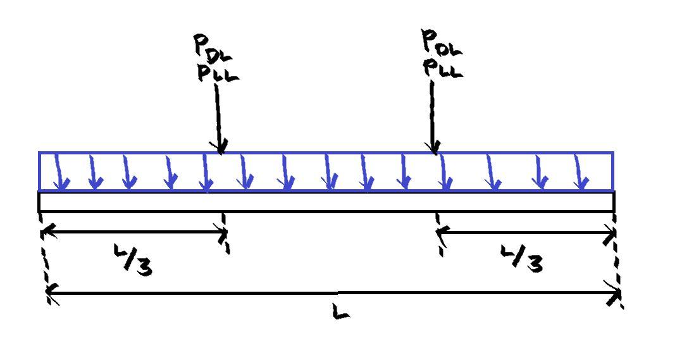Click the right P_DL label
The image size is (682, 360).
pyautogui.click(x=442, y=43)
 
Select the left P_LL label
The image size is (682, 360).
pyautogui.click(x=218, y=73)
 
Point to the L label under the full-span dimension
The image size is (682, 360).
pyautogui.click(x=340, y=311)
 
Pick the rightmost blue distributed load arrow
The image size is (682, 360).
pyautogui.click(x=580, y=174)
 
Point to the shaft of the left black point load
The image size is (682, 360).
pyautogui.click(x=218, y=114)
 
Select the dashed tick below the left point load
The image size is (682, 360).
pyautogui.click(x=225, y=233)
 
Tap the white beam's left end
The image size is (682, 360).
pyautogui.click(x=40, y=201)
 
